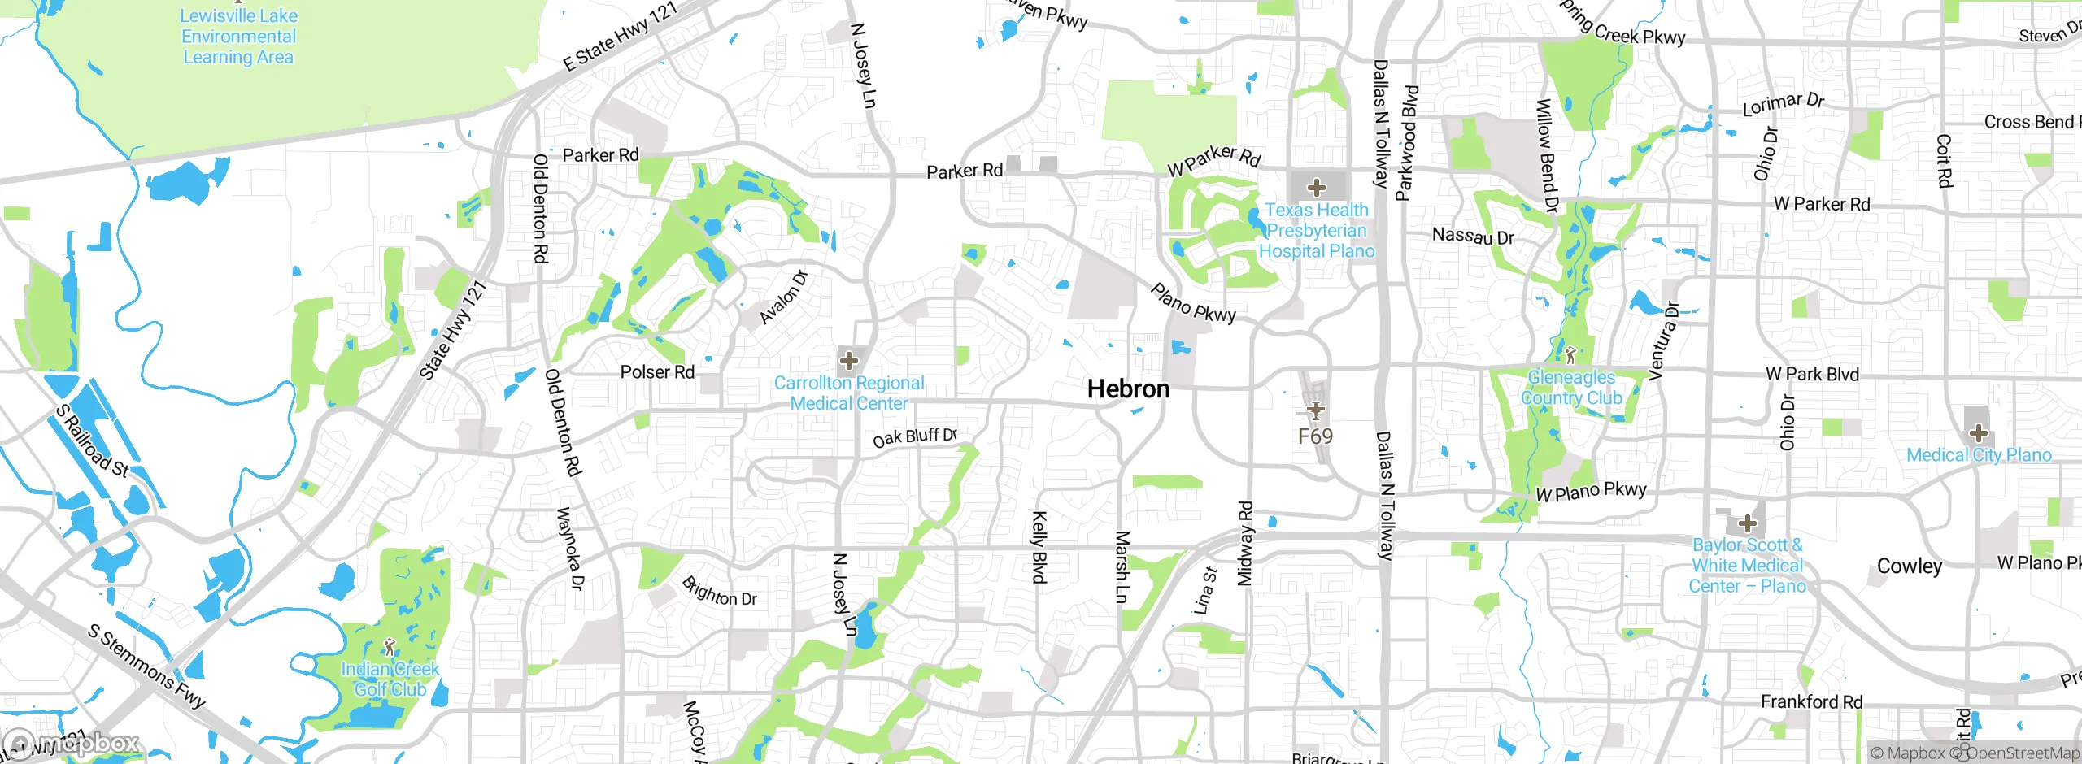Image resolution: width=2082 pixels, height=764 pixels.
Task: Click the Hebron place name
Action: tap(1128, 389)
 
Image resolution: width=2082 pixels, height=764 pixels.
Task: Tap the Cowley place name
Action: tap(1909, 566)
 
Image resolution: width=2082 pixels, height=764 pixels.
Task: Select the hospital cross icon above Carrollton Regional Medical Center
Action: tap(848, 360)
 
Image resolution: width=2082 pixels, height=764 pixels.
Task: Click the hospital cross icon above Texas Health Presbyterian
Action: tap(1316, 188)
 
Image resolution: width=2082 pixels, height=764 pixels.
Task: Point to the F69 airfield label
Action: tap(1315, 436)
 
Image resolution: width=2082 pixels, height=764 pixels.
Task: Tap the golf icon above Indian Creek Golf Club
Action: tap(390, 648)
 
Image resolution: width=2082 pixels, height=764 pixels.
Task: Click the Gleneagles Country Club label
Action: tap(1571, 388)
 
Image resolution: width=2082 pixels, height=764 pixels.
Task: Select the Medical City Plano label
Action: tap(1979, 455)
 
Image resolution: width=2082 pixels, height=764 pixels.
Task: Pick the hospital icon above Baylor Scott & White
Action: tap(1746, 523)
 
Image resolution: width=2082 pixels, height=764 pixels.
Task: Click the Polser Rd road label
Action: tap(657, 372)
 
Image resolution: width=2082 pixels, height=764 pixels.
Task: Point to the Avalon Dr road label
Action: tap(784, 297)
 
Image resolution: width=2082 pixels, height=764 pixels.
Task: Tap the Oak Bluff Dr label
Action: tap(914, 437)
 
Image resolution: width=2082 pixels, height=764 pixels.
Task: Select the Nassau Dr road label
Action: tap(1473, 237)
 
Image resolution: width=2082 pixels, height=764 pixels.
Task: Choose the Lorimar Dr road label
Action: tap(1784, 104)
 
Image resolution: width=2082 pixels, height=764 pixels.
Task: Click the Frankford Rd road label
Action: tap(1811, 701)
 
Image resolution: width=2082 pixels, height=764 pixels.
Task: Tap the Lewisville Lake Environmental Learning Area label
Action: tap(238, 37)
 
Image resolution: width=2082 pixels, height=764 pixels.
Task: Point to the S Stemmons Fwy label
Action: tap(146, 666)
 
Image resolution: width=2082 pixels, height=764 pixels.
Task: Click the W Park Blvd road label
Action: tap(1812, 374)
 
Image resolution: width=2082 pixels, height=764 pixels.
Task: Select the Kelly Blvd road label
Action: tap(1039, 547)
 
